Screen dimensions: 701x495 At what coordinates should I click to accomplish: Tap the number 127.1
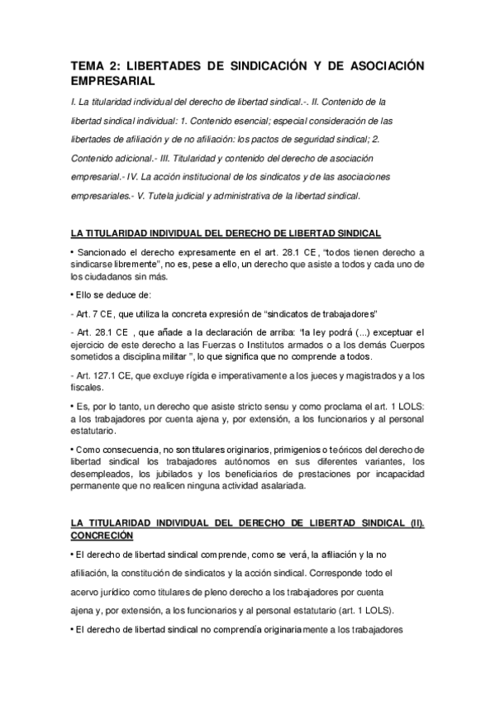(102, 376)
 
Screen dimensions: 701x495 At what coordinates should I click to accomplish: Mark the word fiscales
(87, 388)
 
